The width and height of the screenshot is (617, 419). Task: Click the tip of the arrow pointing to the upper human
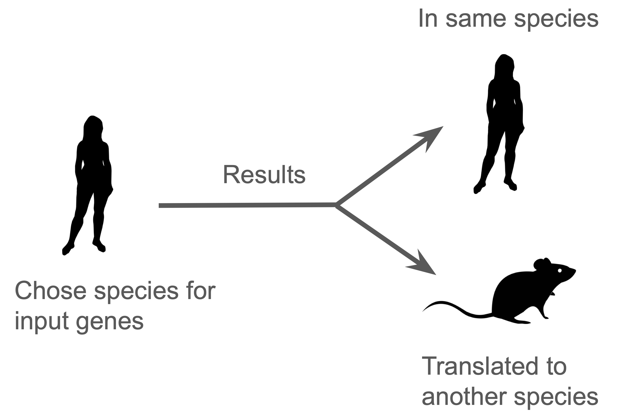(443, 126)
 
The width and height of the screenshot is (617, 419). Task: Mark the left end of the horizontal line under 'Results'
(159, 206)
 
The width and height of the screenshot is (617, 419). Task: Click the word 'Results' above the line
(264, 175)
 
